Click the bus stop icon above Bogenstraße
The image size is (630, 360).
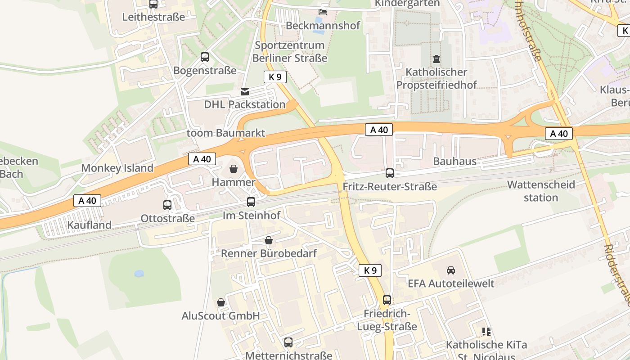[205, 57]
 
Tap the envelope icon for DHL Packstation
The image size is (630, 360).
[244, 91]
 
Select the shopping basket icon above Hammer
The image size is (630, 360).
[234, 169]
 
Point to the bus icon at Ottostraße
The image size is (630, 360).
[167, 205]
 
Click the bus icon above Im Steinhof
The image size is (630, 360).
[251, 202]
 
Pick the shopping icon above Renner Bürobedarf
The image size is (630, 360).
[269, 240]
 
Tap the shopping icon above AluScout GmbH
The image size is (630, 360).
[221, 302]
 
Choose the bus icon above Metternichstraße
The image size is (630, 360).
[288, 342]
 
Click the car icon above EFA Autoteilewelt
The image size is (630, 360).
[450, 270]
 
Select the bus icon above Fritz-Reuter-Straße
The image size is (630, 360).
[390, 173]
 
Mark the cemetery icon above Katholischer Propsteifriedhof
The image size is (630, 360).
[436, 58]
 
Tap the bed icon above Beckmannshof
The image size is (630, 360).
[323, 12]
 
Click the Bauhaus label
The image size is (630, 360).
[454, 161]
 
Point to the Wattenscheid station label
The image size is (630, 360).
[541, 191]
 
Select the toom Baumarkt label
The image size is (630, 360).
[226, 133]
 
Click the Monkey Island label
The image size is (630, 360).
[117, 168]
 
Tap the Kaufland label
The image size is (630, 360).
[89, 225]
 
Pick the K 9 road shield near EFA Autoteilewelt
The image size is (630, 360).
[370, 270]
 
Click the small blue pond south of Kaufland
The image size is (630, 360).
[139, 273]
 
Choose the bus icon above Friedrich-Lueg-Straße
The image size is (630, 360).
[387, 300]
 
